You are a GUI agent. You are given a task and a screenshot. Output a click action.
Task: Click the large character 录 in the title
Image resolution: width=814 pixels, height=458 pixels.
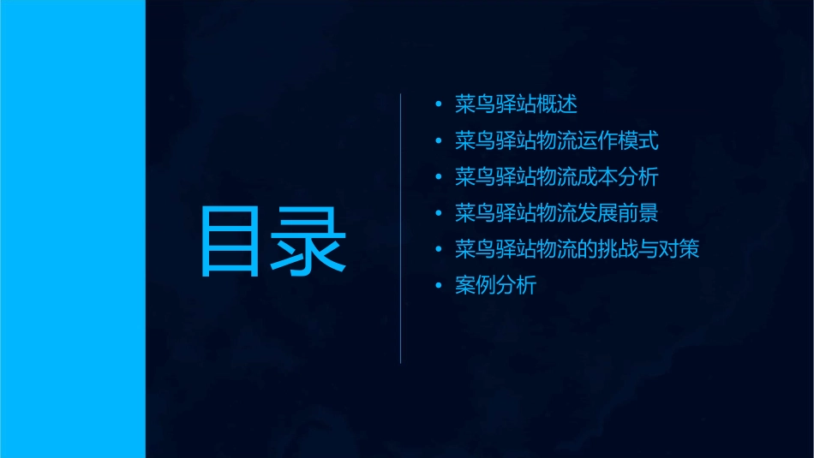pyautogui.click(x=309, y=241)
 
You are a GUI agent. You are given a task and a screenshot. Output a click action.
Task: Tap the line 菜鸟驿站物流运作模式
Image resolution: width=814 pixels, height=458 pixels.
pyautogui.click(x=557, y=141)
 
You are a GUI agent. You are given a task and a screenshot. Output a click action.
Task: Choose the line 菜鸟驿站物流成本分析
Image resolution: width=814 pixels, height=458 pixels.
pyautogui.click(x=557, y=177)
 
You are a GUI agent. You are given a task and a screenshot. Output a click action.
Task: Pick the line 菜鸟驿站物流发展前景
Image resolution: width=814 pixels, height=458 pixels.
pyautogui.click(x=557, y=213)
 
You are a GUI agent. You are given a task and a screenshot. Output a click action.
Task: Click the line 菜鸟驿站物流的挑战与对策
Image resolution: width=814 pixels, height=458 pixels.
pyautogui.click(x=577, y=249)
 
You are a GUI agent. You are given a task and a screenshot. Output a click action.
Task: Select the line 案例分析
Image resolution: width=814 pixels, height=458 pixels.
pyautogui.click(x=496, y=285)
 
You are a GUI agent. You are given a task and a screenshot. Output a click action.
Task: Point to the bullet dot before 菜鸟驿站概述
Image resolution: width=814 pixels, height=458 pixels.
pyautogui.click(x=439, y=105)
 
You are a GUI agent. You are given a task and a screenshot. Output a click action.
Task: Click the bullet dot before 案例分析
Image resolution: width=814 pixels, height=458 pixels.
pyautogui.click(x=439, y=286)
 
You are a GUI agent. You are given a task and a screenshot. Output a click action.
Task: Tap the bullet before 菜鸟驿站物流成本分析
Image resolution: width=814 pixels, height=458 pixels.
pyautogui.click(x=439, y=178)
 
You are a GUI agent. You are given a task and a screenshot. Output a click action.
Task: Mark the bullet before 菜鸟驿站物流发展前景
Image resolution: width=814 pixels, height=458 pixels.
pyautogui.click(x=439, y=214)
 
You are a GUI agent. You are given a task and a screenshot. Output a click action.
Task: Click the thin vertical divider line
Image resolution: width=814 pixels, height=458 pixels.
pyautogui.click(x=401, y=229)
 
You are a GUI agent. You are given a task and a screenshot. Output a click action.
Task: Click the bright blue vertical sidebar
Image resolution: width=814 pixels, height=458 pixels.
pyautogui.click(x=72, y=229)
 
